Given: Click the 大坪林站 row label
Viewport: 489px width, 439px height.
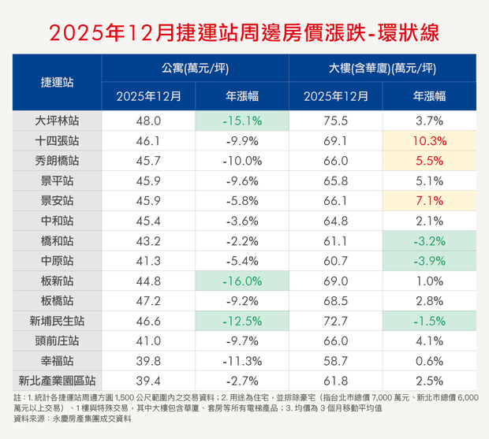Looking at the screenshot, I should [58, 121].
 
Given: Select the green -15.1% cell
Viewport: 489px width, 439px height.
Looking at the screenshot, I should [241, 121].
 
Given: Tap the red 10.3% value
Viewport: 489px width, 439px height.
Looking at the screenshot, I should [429, 142].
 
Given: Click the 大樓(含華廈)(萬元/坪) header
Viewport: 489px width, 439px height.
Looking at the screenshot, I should [382, 69].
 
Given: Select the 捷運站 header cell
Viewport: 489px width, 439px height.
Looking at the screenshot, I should [58, 82].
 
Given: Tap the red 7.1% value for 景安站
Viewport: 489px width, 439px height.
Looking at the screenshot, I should [429, 201].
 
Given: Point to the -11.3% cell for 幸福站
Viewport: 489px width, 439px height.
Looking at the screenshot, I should [241, 361].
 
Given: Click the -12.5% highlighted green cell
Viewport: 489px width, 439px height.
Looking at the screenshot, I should [241, 321].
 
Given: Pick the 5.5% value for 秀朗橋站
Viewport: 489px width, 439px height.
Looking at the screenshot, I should [429, 162].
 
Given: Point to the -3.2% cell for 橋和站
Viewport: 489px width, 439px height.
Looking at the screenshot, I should [429, 241].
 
